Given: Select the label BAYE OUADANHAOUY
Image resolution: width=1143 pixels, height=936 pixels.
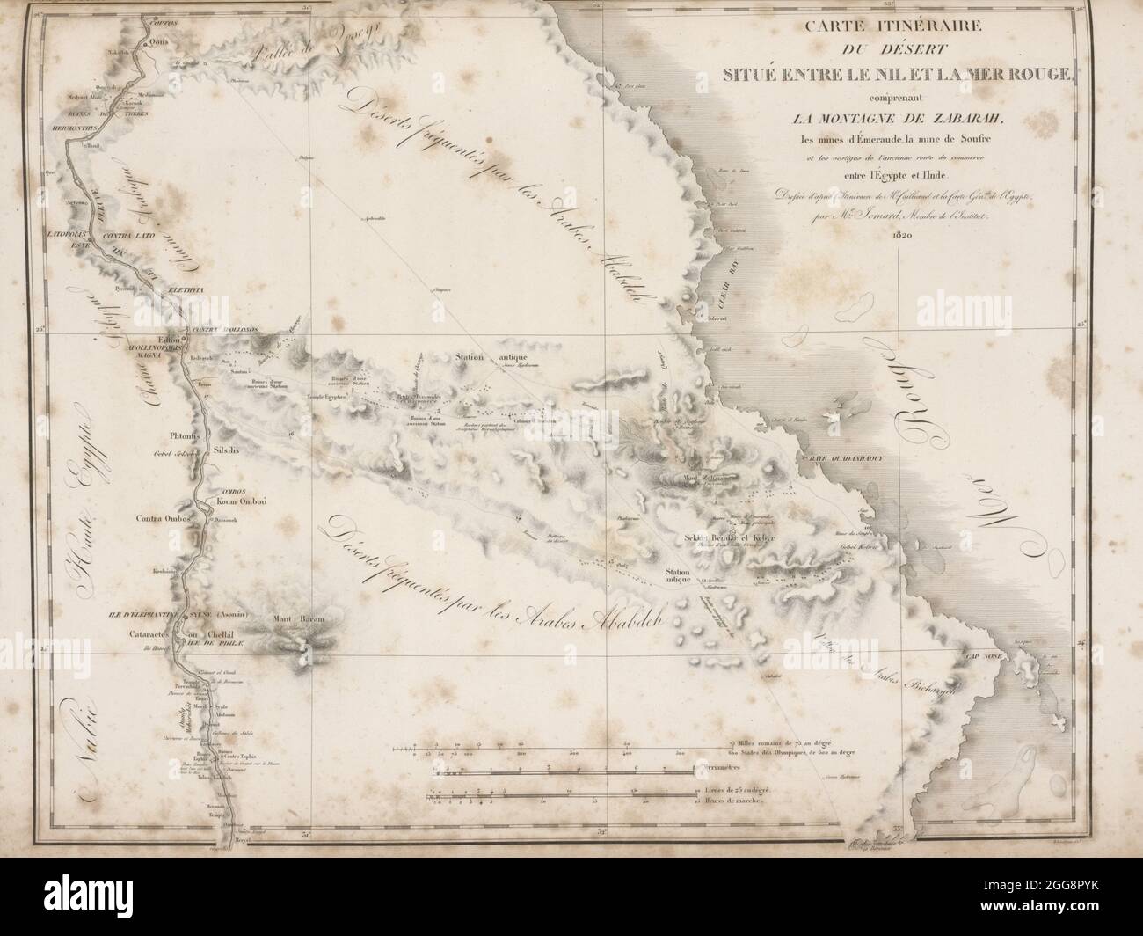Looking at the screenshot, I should tap(841, 459).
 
